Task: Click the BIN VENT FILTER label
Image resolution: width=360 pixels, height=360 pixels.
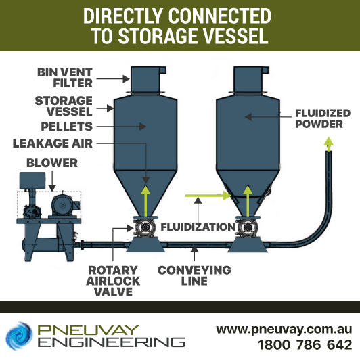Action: click(x=65, y=78)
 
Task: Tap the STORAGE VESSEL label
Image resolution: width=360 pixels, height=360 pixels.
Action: click(x=64, y=106)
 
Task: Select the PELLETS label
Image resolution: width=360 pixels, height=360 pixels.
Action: click(x=67, y=127)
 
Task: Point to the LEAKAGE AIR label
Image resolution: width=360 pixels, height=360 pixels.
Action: click(x=53, y=143)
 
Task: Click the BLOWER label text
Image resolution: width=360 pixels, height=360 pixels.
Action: click(x=52, y=163)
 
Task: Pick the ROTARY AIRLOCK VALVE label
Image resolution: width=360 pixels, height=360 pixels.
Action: click(x=113, y=281)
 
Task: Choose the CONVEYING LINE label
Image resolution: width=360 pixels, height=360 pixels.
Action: click(x=194, y=275)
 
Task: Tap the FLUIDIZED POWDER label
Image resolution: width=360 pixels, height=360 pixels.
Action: click(x=323, y=118)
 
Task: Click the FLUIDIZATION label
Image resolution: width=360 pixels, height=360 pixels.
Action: click(x=198, y=227)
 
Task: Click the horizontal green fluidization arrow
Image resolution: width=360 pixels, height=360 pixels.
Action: click(x=208, y=196)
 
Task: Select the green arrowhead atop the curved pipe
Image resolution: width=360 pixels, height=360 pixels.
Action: click(x=329, y=143)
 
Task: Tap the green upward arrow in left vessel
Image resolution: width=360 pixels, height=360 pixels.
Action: click(x=145, y=201)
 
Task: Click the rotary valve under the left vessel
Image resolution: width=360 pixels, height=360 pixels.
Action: click(x=145, y=227)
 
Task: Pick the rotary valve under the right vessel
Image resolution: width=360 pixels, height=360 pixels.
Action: click(x=248, y=227)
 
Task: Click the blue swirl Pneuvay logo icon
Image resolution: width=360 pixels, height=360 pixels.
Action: click(x=20, y=336)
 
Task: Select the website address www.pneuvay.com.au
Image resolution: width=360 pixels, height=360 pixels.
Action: click(x=284, y=330)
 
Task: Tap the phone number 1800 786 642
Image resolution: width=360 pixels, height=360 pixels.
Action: click(x=305, y=345)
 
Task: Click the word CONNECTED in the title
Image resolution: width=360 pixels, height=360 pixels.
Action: click(x=220, y=16)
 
